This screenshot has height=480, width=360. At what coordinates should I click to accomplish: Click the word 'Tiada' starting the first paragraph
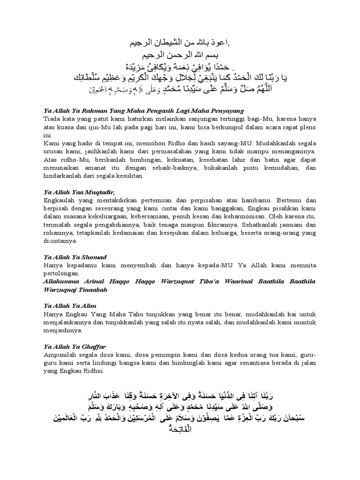52,119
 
